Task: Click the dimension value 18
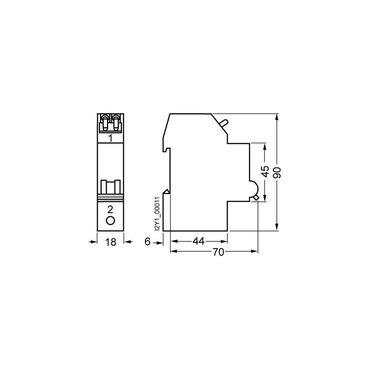[110, 242]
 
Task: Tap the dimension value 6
[147, 241]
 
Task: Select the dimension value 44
[199, 241]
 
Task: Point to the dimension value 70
[218, 252]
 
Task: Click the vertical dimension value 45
[265, 172]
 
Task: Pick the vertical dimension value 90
[278, 172]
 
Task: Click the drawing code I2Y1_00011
[158, 214]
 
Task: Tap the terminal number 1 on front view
[110, 138]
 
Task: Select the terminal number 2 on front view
[110, 209]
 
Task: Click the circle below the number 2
[110, 221]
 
